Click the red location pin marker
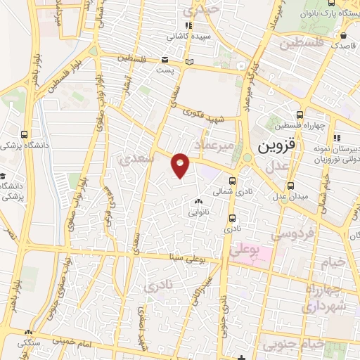tap(181, 164)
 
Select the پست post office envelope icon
tap(165, 60)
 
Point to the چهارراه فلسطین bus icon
tap(300, 114)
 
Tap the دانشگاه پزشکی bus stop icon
tap(25, 134)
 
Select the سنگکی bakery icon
tap(29, 332)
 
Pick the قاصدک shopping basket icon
tap(341, 35)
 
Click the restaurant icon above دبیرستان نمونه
tap(337, 137)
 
